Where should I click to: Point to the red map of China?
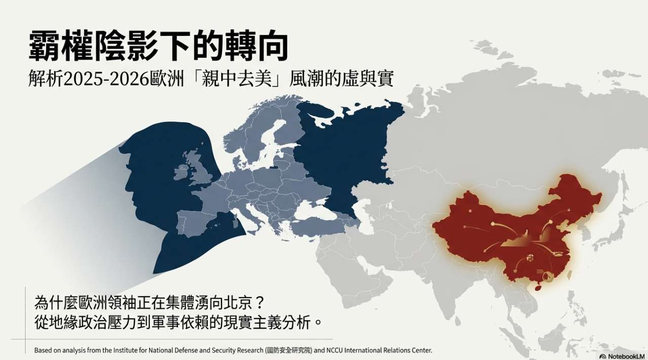tap(512, 228)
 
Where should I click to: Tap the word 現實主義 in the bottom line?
tap(266, 322)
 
